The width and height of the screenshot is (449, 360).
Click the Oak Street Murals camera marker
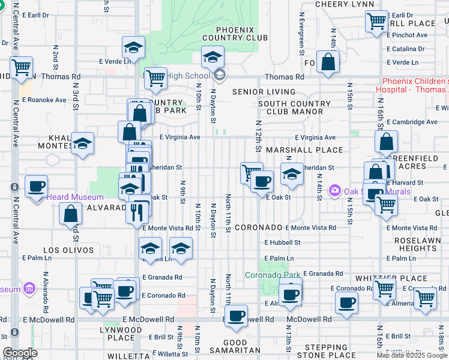coord(334,191)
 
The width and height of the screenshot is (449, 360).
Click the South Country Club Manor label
coord(294,108)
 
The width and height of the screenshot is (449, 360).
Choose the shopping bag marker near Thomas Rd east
coord(328,62)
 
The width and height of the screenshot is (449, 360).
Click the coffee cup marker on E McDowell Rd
coord(236,315)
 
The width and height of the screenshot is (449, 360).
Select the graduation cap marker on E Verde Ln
coord(134,47)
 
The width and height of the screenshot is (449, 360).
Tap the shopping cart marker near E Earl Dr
coord(376,22)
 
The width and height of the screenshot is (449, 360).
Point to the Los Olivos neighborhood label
coord(68,250)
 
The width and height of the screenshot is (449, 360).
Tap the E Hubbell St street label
coord(282,243)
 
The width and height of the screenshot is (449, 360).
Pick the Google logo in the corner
coord(20,352)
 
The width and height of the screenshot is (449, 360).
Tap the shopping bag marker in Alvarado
coord(71,212)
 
